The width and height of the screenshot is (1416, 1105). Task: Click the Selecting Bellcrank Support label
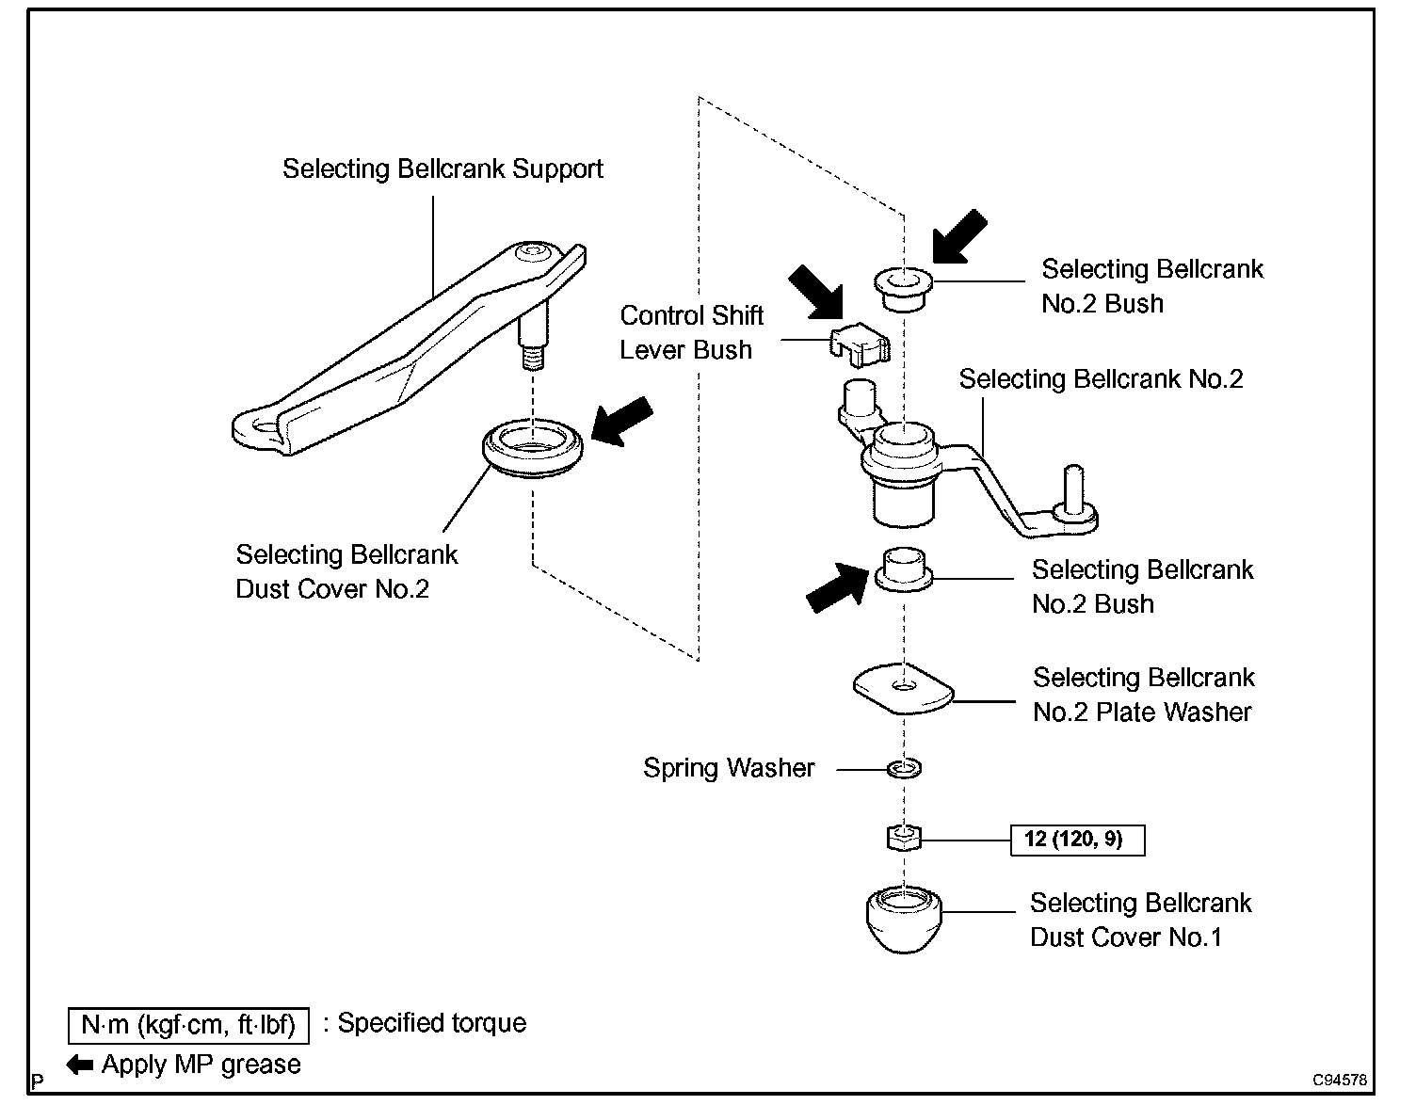pyautogui.click(x=442, y=168)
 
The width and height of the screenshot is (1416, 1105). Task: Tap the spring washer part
pyautogui.click(x=904, y=768)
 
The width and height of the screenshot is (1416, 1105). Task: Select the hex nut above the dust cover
pyautogui.click(x=904, y=838)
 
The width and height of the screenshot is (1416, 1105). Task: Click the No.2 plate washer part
pyautogui.click(x=903, y=688)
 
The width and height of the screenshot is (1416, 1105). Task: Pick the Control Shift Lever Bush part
pyautogui.click(x=860, y=345)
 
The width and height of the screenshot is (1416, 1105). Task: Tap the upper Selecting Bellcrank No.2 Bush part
pyautogui.click(x=903, y=290)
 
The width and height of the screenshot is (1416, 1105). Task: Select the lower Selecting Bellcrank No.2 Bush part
pyautogui.click(x=903, y=569)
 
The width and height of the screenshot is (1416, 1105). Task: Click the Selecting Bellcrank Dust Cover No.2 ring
pyautogui.click(x=532, y=448)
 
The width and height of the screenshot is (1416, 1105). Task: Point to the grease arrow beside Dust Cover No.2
pyautogui.click(x=621, y=422)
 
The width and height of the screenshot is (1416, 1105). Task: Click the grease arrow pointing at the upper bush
pyautogui.click(x=960, y=236)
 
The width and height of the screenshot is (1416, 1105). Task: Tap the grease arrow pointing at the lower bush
pyautogui.click(x=837, y=588)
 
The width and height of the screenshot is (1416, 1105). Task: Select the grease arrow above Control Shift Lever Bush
pyautogui.click(x=815, y=293)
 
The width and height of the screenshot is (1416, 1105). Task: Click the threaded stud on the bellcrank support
pyautogui.click(x=533, y=358)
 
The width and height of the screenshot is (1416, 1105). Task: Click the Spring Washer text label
pyautogui.click(x=729, y=768)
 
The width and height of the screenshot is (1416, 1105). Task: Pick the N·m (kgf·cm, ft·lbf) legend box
pyautogui.click(x=188, y=1025)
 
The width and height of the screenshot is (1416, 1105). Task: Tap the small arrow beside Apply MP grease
pyautogui.click(x=80, y=1065)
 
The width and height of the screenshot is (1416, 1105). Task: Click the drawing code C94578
pyautogui.click(x=1340, y=1080)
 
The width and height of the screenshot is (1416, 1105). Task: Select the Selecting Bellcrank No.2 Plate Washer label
pyautogui.click(x=1143, y=695)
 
